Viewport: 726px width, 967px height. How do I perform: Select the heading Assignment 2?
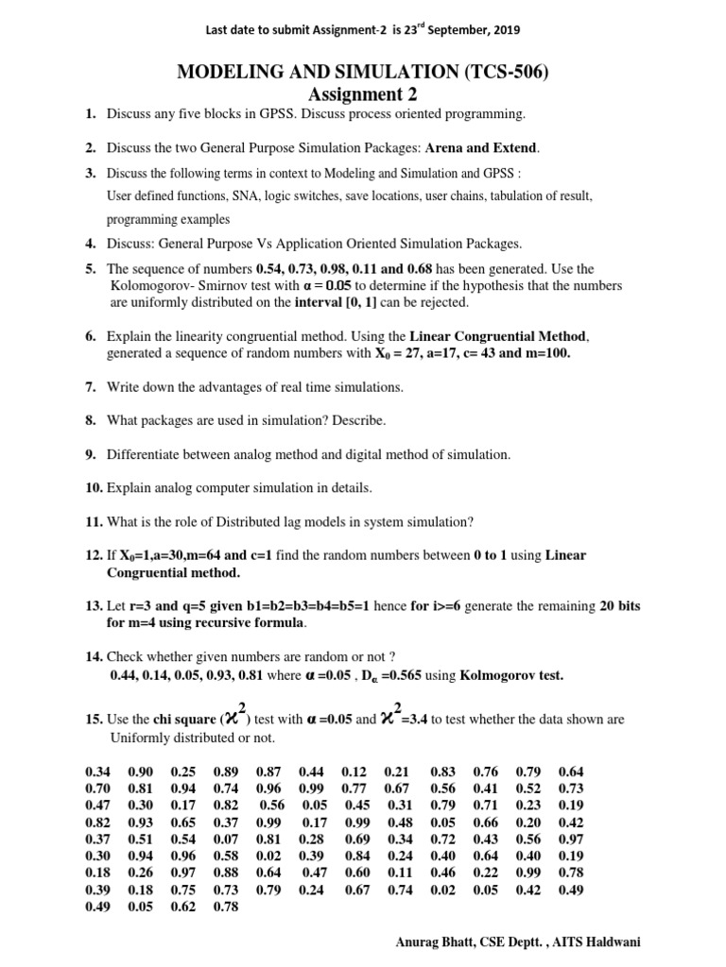[x=363, y=94]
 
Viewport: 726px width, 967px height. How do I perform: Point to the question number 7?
[x=90, y=387]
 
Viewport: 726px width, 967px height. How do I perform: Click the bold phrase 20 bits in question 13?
[x=620, y=606]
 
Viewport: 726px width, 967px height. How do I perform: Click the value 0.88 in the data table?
[x=226, y=873]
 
